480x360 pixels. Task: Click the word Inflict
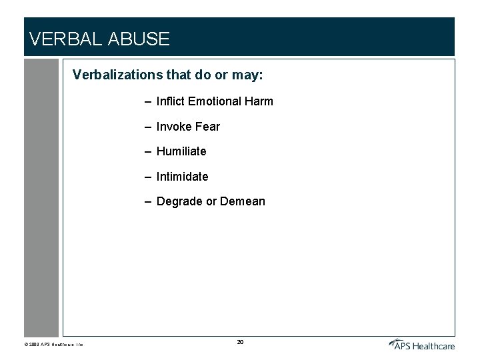click(x=171, y=101)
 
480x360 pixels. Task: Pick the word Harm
click(x=259, y=101)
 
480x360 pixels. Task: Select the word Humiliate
click(x=181, y=151)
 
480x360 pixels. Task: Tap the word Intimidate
click(x=182, y=177)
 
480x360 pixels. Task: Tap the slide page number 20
click(x=240, y=342)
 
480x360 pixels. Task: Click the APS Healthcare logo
click(x=422, y=344)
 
